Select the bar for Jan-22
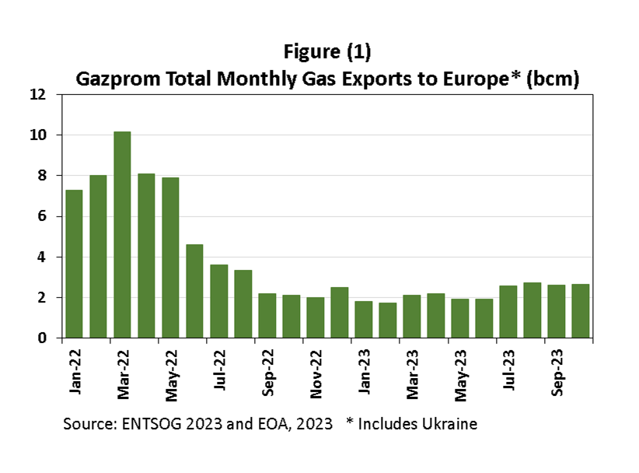[x=74, y=264]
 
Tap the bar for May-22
[x=170, y=258]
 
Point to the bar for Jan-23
[x=363, y=319]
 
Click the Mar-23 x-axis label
[x=412, y=372]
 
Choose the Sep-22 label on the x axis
[x=268, y=372]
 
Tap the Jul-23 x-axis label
[x=508, y=372]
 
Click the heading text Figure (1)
[x=326, y=54]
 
